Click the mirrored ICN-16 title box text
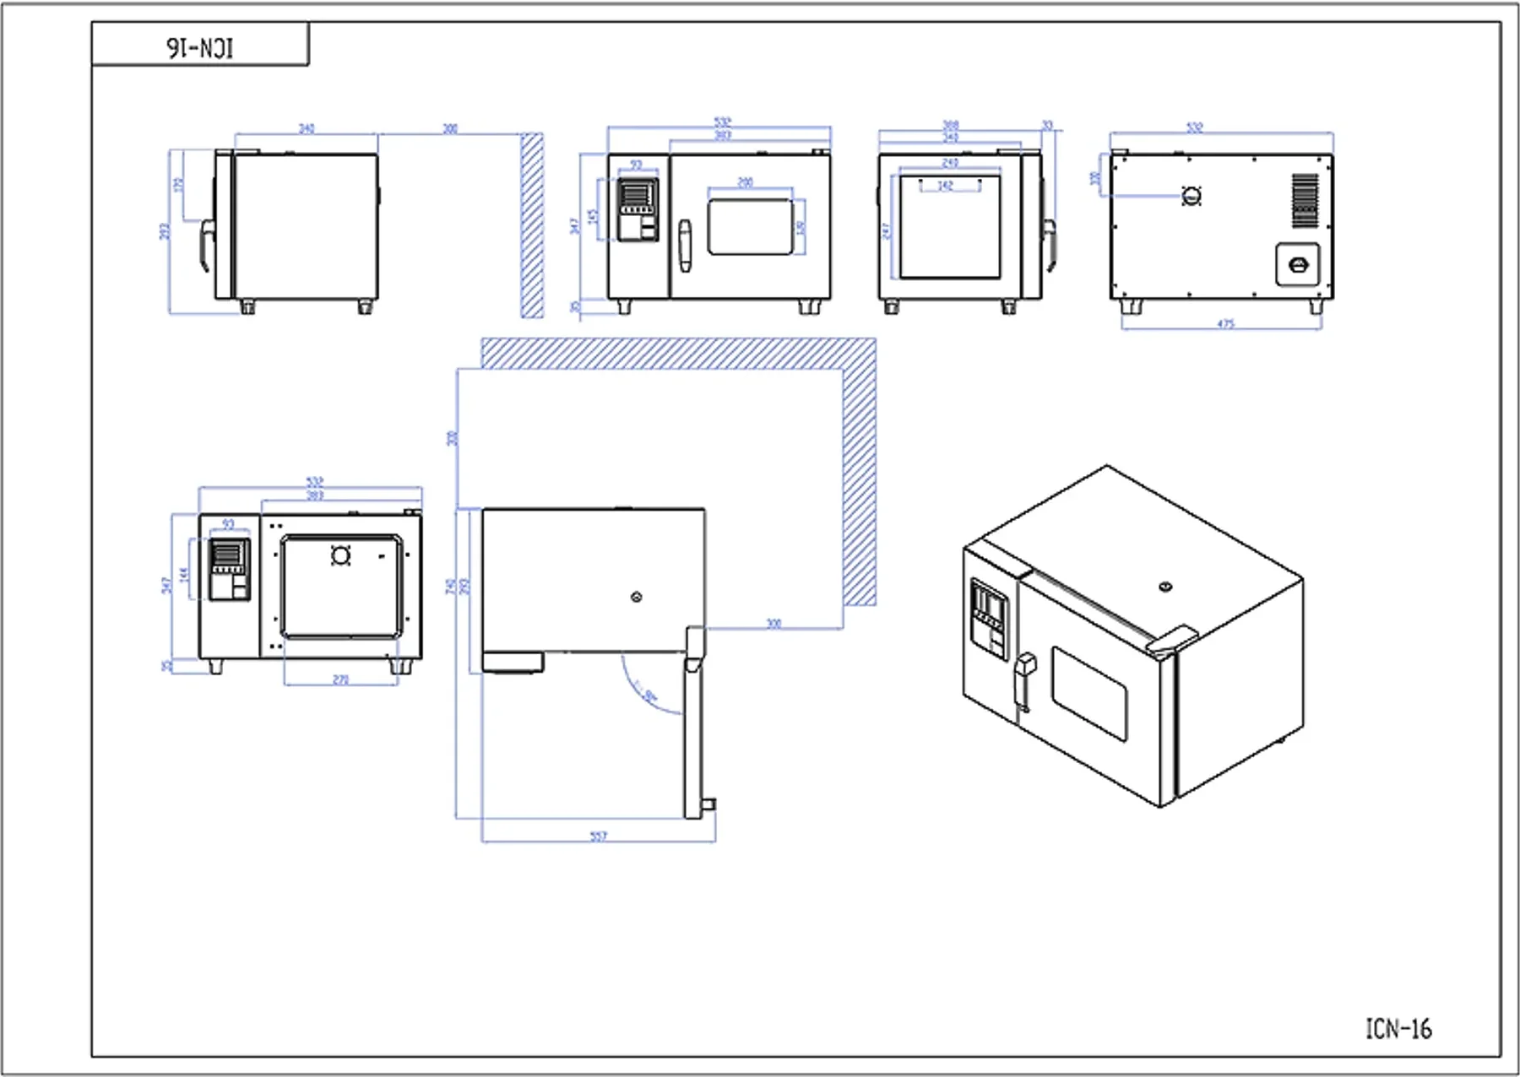click(200, 48)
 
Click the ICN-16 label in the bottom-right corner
click(1398, 1029)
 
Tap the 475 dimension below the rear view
click(1226, 324)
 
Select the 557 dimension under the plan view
click(598, 836)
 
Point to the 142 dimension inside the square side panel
click(945, 185)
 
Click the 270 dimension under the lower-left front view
click(340, 679)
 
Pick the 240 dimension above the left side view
click(307, 128)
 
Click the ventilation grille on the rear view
click(1305, 200)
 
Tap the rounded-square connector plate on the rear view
click(1298, 265)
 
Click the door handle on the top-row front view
click(685, 246)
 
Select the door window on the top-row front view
click(750, 226)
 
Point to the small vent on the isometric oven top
click(1165, 587)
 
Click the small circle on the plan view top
click(637, 598)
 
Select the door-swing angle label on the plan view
click(650, 696)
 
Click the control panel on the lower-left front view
click(229, 569)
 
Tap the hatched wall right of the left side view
click(532, 225)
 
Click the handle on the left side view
click(205, 245)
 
